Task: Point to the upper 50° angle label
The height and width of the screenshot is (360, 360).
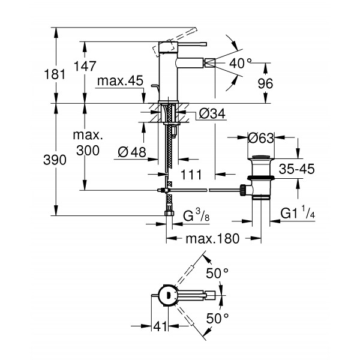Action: (217, 274)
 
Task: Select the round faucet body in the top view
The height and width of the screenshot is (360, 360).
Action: (166, 294)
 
